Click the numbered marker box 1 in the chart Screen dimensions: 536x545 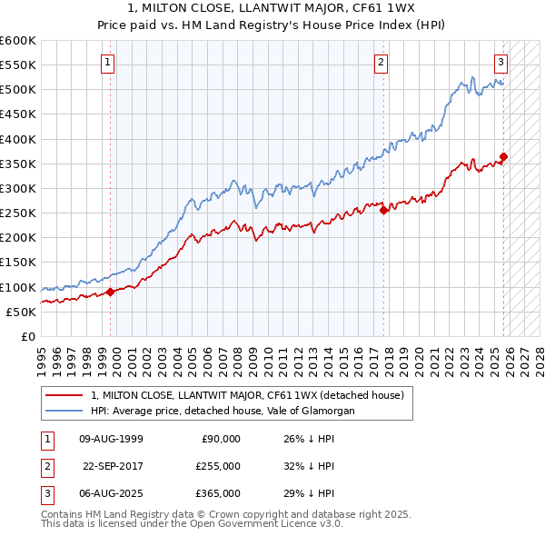pyautogui.click(x=107, y=63)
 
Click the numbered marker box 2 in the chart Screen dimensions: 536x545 pyautogui.click(x=380, y=63)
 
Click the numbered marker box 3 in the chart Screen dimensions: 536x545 pyautogui.click(x=500, y=63)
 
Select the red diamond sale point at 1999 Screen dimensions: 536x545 pyautogui.click(x=110, y=292)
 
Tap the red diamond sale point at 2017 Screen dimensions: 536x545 pyautogui.click(x=383, y=210)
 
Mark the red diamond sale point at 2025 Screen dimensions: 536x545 pyautogui.click(x=503, y=156)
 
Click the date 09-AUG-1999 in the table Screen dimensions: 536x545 pyautogui.click(x=111, y=439)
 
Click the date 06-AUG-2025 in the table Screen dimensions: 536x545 pyautogui.click(x=111, y=493)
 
